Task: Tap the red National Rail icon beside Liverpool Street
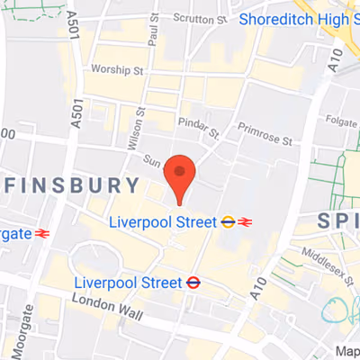coord(246,221)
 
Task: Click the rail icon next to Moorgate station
coord(40,233)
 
